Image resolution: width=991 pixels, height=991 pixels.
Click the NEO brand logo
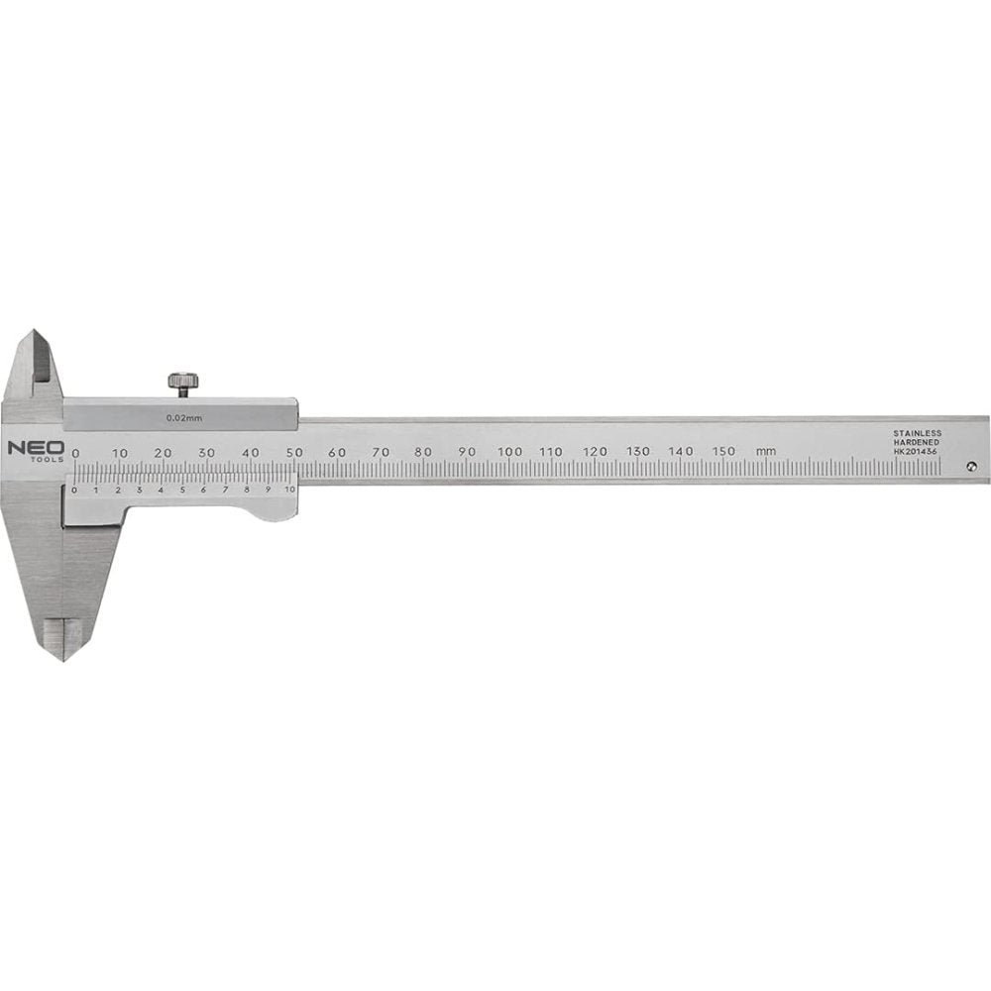[37, 447]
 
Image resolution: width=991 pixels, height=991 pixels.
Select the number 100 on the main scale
[510, 452]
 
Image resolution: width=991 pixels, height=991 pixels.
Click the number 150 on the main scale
[723, 452]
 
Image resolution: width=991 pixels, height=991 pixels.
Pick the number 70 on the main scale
[381, 452]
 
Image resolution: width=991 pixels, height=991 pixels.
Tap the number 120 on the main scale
[595, 452]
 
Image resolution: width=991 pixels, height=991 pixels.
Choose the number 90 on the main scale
[467, 452]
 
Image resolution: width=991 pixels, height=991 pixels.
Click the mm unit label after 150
[765, 452]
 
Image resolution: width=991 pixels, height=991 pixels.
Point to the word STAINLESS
[917, 433]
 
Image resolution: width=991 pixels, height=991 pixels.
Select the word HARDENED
[917, 442]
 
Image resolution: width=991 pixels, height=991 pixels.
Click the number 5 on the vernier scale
[182, 490]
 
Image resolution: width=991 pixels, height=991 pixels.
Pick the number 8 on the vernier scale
[247, 490]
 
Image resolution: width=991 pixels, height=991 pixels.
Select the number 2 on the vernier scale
[118, 490]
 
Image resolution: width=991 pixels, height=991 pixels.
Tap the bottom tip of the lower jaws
[63, 659]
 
